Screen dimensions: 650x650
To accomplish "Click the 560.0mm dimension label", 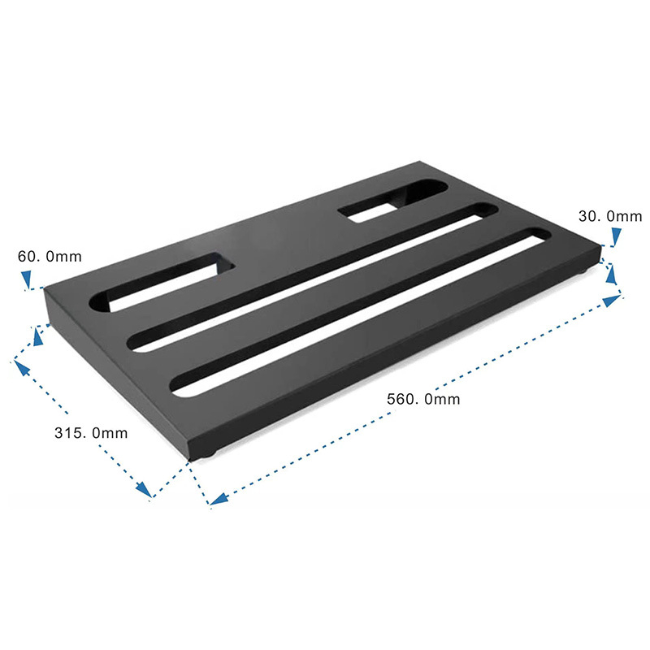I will click(423, 399).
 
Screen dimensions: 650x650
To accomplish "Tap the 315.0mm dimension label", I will click(91, 432).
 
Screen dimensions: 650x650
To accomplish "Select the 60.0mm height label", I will click(50, 257).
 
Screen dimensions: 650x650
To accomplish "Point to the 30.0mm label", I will click(610, 216).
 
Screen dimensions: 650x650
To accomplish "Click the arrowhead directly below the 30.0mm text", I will click(616, 236).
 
